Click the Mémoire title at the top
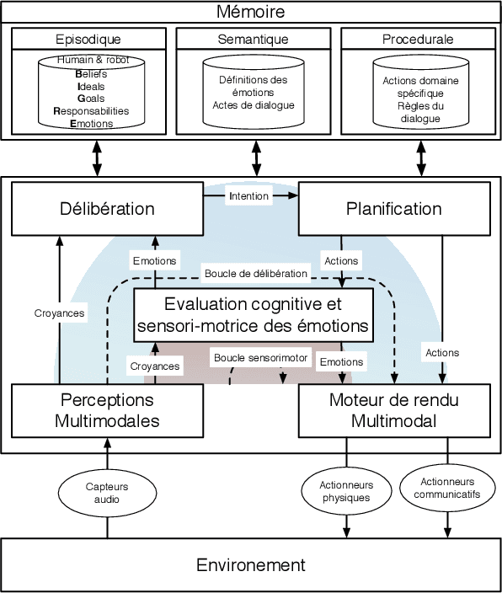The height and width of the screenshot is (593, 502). point(250,12)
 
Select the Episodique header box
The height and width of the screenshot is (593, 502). point(88,39)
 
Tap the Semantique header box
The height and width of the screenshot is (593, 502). point(254,39)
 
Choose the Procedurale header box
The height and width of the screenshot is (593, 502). point(418,39)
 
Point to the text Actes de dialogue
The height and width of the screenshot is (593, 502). point(254,105)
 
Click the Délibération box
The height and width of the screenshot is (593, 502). point(107,209)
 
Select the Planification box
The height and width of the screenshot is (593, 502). point(395,209)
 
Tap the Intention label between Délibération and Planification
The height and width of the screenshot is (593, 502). point(248,196)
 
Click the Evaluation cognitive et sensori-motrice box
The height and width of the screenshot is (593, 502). point(254,313)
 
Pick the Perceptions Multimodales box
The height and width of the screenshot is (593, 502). point(107,410)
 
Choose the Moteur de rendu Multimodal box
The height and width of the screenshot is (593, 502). point(395,410)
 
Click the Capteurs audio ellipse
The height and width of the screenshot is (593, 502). point(108,493)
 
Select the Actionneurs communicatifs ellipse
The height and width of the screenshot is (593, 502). point(446,488)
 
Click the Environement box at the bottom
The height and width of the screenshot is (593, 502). point(251,564)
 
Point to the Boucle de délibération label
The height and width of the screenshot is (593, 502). point(256,274)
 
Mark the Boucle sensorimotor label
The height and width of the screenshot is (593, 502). point(262,357)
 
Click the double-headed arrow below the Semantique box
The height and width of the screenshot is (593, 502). point(256,158)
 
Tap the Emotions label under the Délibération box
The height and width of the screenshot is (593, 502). point(155,260)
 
